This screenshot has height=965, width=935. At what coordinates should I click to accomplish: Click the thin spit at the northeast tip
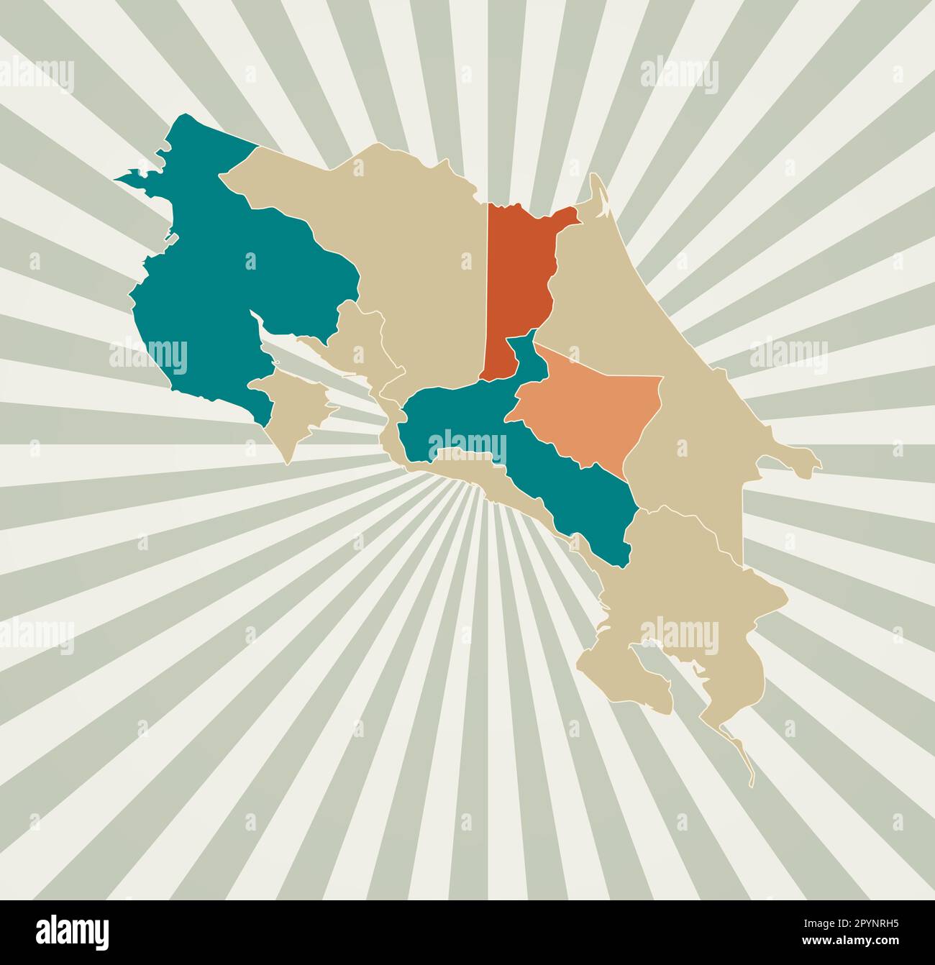pos(597,191)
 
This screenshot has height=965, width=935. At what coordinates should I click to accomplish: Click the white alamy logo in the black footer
pos(73,931)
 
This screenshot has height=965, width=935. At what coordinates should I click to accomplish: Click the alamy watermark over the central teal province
pos(467,444)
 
